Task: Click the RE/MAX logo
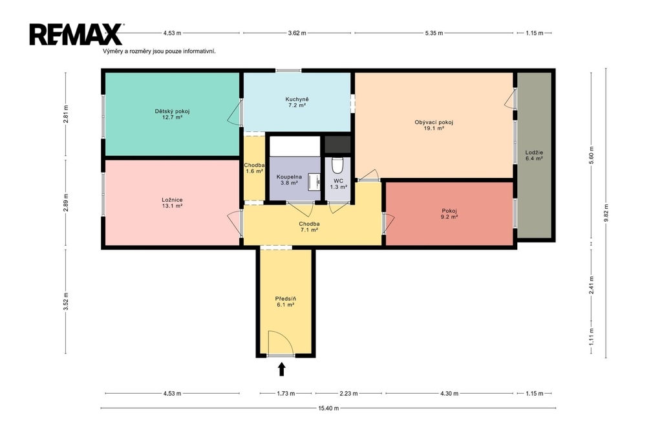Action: tap(76, 34)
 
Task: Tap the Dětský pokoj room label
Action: tap(172, 114)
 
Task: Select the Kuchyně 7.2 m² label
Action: tap(297, 103)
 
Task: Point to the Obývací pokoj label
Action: tap(434, 125)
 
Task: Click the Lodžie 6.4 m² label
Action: tap(534, 155)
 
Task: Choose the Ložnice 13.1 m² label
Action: tap(172, 203)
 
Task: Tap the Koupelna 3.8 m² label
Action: tap(289, 180)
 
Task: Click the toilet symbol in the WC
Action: tap(337, 166)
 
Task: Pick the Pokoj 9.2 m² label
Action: tap(449, 214)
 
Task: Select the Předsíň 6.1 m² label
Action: tap(285, 301)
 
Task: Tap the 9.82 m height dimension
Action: tap(606, 213)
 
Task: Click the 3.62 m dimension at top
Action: tap(297, 33)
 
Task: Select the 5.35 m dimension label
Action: tap(434, 33)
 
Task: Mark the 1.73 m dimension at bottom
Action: tap(286, 393)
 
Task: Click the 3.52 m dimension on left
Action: tap(65, 301)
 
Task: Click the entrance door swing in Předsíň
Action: tap(281, 343)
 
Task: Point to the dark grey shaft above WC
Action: tap(337, 145)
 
